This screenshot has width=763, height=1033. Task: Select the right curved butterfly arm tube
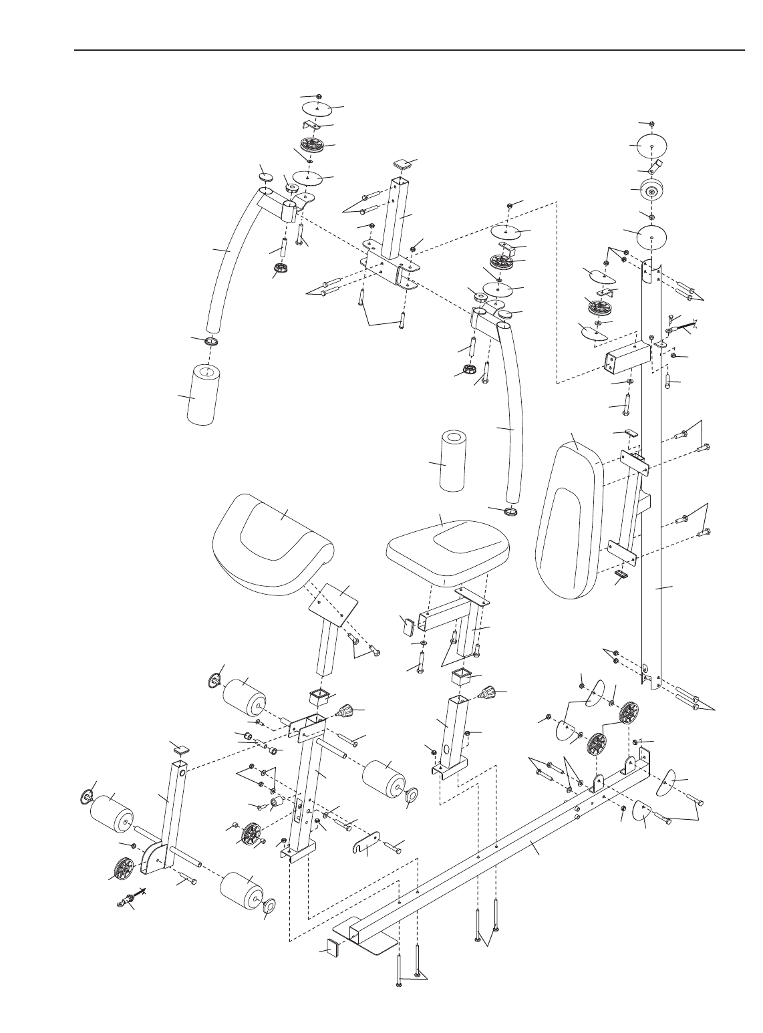coord(511,414)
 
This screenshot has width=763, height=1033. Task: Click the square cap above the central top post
coord(403,162)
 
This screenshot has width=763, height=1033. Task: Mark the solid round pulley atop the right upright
coord(652,191)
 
